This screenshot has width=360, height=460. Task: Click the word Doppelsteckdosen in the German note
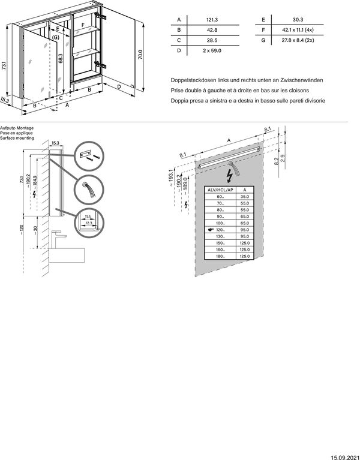(x=191, y=80)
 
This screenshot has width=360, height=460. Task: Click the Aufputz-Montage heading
(x=17, y=129)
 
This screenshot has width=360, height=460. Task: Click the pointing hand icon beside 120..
(x=209, y=230)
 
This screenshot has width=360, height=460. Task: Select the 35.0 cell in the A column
(x=244, y=196)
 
